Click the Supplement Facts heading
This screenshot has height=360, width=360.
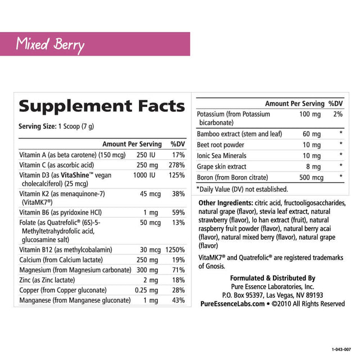(101, 106)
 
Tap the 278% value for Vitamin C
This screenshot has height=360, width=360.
(177, 165)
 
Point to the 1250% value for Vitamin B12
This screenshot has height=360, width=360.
(174, 250)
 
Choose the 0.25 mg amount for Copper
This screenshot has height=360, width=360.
(149, 290)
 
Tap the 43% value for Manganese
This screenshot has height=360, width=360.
(178, 300)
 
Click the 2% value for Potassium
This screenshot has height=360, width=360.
(337, 114)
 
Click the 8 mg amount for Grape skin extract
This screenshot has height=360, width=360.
(313, 166)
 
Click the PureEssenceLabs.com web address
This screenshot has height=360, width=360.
(232, 304)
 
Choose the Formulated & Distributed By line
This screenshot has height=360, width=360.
(273, 278)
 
